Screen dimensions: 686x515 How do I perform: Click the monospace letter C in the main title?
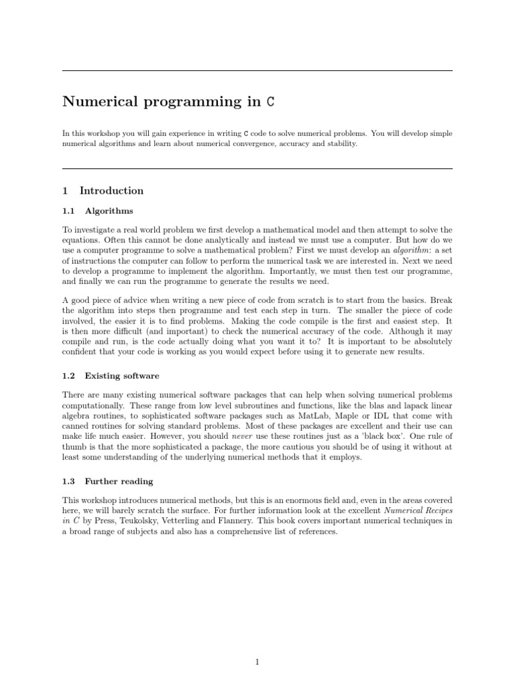[x=270, y=102]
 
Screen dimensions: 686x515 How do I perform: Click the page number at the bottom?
[x=257, y=644]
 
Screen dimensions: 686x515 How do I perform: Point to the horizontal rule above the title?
[x=257, y=70]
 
